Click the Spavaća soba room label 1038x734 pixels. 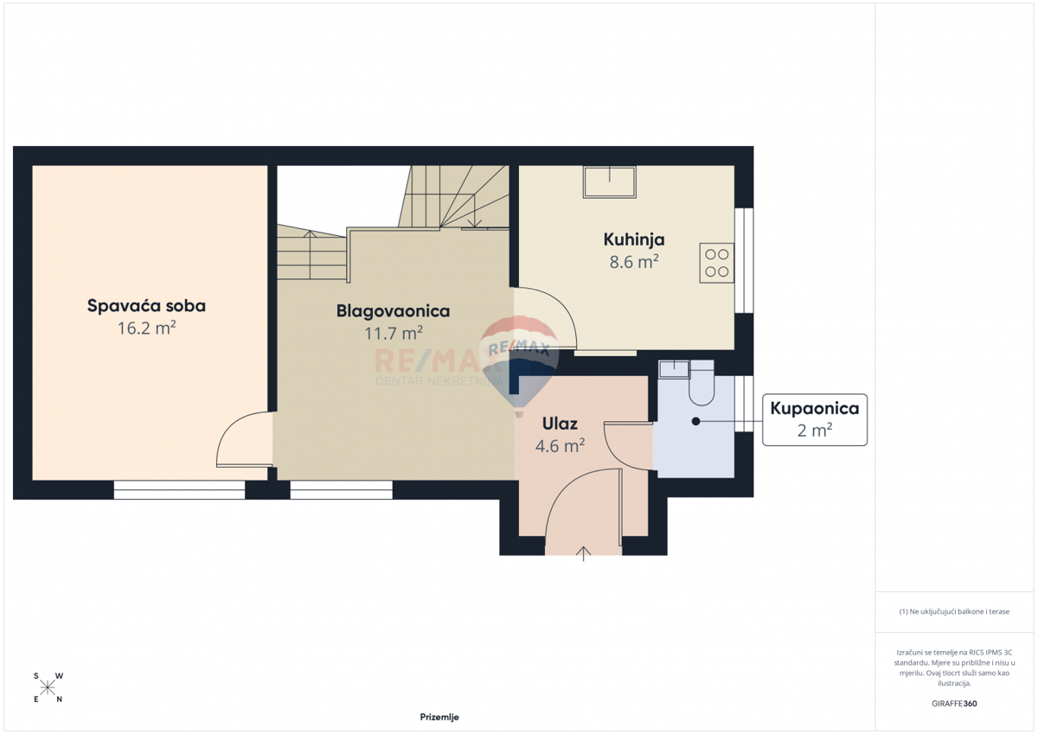pos(146,305)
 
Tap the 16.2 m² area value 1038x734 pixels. pos(146,328)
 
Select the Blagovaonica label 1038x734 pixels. pos(393,310)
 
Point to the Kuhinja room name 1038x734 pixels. pos(634,239)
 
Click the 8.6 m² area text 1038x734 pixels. pos(634,262)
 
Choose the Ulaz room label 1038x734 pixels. pos(560,424)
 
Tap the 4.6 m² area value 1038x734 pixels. pos(560,446)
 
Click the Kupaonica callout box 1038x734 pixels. pos(814,419)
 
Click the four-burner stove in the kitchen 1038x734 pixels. pos(716,263)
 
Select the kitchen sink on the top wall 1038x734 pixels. pos(610,182)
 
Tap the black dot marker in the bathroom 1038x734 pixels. pos(695,421)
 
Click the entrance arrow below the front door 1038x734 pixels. pos(584,553)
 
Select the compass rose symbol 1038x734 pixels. pos(48,687)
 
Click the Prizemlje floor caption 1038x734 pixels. pos(439,717)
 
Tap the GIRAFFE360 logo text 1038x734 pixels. pos(954,704)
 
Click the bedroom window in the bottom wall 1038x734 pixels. pos(179,490)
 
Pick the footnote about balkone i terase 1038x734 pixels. pos(954,611)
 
